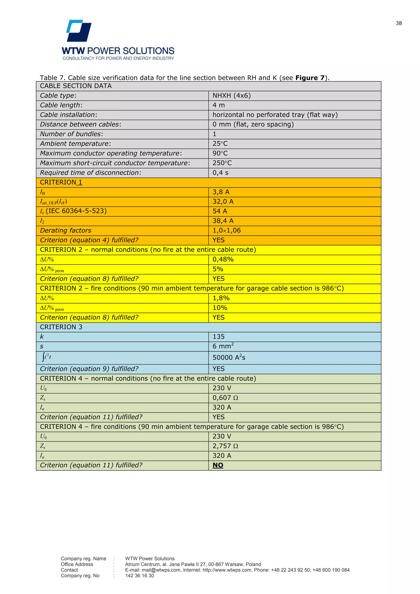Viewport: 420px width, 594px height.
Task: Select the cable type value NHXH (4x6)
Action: (x=232, y=95)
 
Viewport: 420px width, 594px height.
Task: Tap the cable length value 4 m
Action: (x=219, y=105)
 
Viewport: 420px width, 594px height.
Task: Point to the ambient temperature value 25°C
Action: (x=220, y=144)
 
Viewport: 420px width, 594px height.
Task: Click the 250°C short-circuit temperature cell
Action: (x=222, y=163)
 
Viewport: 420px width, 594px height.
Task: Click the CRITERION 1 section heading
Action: (x=61, y=182)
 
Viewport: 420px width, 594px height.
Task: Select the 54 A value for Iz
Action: (x=220, y=211)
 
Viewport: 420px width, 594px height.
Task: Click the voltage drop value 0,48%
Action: (x=223, y=259)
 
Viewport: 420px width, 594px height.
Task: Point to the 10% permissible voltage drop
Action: (x=220, y=308)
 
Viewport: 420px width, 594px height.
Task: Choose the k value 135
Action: (x=219, y=337)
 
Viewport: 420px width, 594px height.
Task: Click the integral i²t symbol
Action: (x=47, y=357)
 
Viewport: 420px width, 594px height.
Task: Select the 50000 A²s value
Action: (x=229, y=357)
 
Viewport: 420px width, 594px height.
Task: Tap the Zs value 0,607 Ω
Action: (x=225, y=398)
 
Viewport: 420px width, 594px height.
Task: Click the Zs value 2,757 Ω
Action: (x=225, y=446)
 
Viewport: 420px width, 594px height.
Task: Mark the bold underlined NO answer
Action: (x=218, y=465)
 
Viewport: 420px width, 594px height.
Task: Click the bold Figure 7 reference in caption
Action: (x=310, y=78)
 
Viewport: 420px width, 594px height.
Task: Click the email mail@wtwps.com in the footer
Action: (x=161, y=570)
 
